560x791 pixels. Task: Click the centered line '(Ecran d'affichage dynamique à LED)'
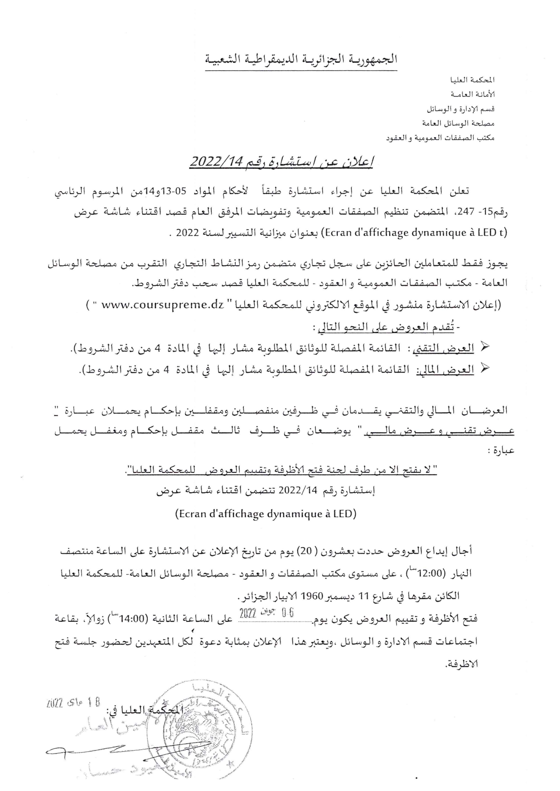pyautogui.click(x=266, y=513)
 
